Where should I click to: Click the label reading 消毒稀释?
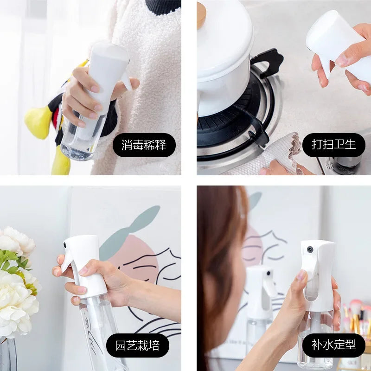(x=144, y=145)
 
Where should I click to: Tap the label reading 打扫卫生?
(x=334, y=145)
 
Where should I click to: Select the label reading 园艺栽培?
(x=142, y=345)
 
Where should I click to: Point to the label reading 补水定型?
(x=333, y=345)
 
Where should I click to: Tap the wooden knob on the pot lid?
(x=201, y=14)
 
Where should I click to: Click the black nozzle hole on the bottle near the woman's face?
(x=309, y=249)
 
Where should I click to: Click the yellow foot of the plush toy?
(x=37, y=123)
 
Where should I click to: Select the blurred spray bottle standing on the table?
(x=260, y=306)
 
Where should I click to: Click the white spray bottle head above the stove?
(x=339, y=42)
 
